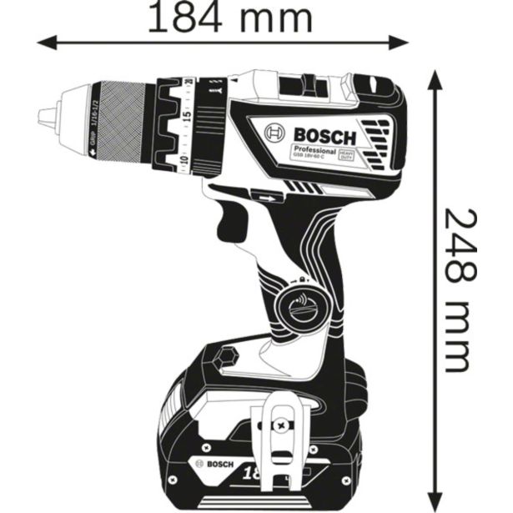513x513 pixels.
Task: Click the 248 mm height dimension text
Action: pyautogui.click(x=464, y=288)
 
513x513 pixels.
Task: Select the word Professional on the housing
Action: pyautogui.click(x=314, y=153)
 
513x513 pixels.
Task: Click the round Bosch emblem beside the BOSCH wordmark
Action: pyautogui.click(x=276, y=133)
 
